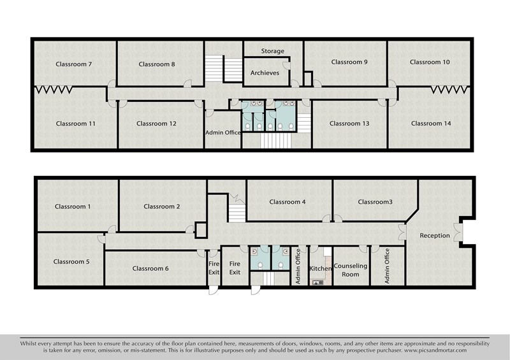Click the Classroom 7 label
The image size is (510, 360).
73,64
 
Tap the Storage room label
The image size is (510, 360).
273,51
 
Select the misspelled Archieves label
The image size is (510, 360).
265,73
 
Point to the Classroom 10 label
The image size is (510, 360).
430,62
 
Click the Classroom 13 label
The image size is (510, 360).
349,124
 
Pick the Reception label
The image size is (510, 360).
435,236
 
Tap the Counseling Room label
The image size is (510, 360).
350,270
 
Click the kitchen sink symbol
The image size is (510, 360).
317,283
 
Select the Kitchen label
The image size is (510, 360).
321,269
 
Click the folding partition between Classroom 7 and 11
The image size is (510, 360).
54,90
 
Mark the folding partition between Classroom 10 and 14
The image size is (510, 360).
451,90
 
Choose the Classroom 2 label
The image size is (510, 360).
162,206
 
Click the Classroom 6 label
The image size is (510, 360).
150,269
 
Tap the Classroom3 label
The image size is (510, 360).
375,202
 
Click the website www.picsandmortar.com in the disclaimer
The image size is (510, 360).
435,350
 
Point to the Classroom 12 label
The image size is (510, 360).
156,124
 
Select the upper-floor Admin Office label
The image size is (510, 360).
223,133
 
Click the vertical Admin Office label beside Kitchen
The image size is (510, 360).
298,266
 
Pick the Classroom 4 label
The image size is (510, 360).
288,202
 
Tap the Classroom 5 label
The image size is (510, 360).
71,262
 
